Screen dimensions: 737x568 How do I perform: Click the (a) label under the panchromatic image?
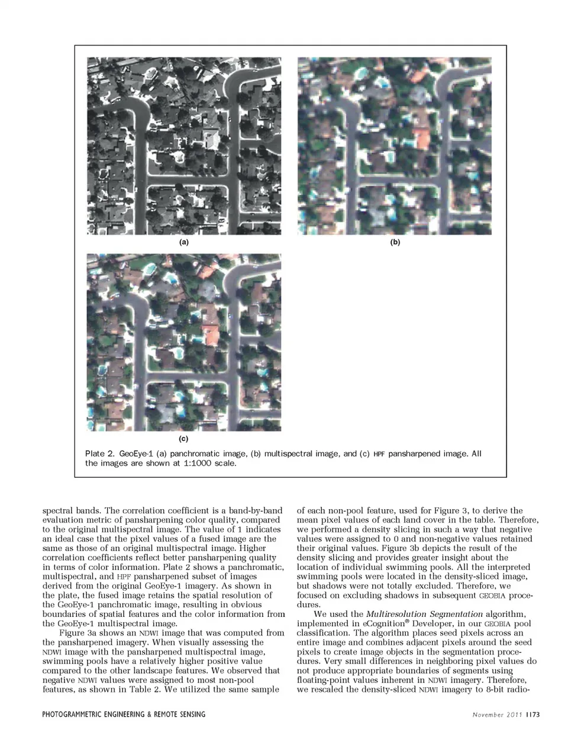pos(183,242)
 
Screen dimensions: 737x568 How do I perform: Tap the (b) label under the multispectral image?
pos(395,242)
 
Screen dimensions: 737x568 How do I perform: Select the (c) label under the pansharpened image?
pos(183,439)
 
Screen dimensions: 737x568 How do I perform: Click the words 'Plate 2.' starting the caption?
pos(99,453)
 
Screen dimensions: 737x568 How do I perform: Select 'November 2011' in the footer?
pos(497,715)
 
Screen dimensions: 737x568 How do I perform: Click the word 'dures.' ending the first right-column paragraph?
pos(309,605)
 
